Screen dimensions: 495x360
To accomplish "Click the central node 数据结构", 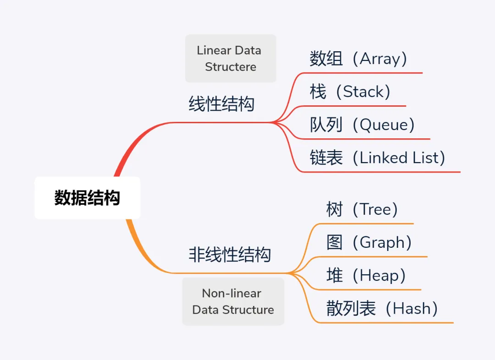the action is pyautogui.click(x=87, y=198).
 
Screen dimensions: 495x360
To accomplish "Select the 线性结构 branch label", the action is pyautogui.click(x=221, y=104).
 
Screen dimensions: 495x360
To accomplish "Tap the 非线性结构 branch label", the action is pyautogui.click(x=230, y=255).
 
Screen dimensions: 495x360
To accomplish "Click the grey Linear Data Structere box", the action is pyautogui.click(x=231, y=58).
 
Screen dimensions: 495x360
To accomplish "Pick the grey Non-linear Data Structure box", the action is pyautogui.click(x=233, y=301).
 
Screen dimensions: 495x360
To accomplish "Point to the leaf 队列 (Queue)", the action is pyautogui.click(x=362, y=125).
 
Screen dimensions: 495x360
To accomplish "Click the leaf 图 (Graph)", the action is pyautogui.click(x=369, y=242).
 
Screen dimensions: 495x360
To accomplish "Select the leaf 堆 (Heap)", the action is pyautogui.click(x=366, y=275).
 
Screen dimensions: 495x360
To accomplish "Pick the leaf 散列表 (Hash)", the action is pyautogui.click(x=382, y=308).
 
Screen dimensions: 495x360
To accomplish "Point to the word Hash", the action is pyautogui.click(x=412, y=308).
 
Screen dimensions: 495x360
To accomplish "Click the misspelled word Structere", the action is pyautogui.click(x=231, y=67).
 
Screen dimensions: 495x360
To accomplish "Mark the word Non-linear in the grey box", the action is pyautogui.click(x=231, y=293).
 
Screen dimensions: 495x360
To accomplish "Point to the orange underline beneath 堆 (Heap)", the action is pyautogui.click(x=367, y=289).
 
